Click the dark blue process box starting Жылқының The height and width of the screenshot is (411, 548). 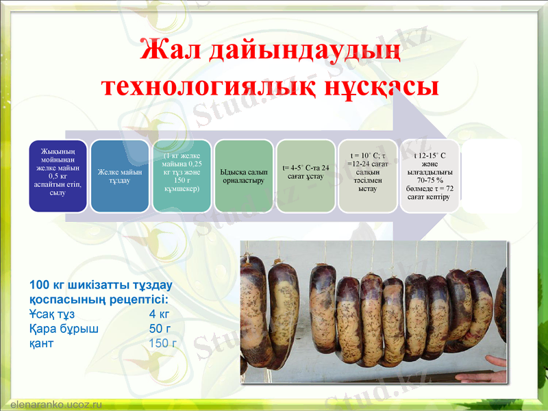[58, 175]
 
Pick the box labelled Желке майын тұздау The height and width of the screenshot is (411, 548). [120, 175]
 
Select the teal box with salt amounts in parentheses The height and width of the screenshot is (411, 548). [182, 175]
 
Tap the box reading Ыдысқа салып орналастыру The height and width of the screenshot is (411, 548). [243, 175]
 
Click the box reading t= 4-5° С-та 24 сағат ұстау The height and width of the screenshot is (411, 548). [306, 175]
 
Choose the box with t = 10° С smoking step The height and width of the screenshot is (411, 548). [367, 175]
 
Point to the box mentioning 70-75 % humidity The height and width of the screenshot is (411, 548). [429, 175]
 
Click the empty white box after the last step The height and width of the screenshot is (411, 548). [492, 175]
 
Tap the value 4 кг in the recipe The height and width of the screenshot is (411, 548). [159, 314]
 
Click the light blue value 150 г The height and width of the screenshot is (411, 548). [162, 343]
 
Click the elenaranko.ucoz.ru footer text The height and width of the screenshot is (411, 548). [56, 404]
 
